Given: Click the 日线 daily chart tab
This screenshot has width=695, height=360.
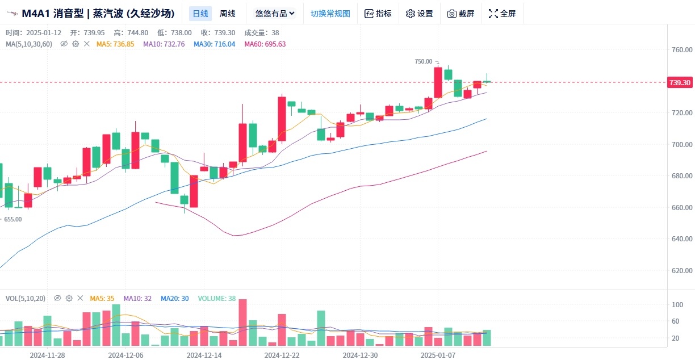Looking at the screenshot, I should (200, 14).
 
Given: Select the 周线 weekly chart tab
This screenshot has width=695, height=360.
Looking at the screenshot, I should (228, 14).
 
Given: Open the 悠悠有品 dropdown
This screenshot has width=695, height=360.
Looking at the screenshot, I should (275, 14).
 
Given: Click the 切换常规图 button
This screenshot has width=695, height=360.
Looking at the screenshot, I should (330, 14).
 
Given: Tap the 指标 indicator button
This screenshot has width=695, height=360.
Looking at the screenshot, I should (378, 14).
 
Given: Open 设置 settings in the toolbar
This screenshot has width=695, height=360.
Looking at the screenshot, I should (419, 14).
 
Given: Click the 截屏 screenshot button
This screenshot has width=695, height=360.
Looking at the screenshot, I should (460, 14).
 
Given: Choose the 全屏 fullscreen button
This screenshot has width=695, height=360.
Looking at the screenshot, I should (503, 14).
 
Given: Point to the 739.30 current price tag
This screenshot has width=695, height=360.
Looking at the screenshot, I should (680, 82).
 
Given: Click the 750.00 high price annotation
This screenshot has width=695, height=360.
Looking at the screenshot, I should (424, 61).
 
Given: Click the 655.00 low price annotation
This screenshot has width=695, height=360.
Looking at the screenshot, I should (12, 219).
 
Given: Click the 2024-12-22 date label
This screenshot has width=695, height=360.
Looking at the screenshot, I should (282, 355).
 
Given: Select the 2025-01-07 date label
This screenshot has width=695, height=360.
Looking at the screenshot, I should (438, 355).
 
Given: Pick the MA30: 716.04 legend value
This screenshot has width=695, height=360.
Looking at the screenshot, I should (214, 44).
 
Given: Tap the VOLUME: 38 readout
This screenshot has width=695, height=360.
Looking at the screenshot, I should (216, 298).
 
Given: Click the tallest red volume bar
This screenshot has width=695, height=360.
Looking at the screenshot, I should (242, 323).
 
